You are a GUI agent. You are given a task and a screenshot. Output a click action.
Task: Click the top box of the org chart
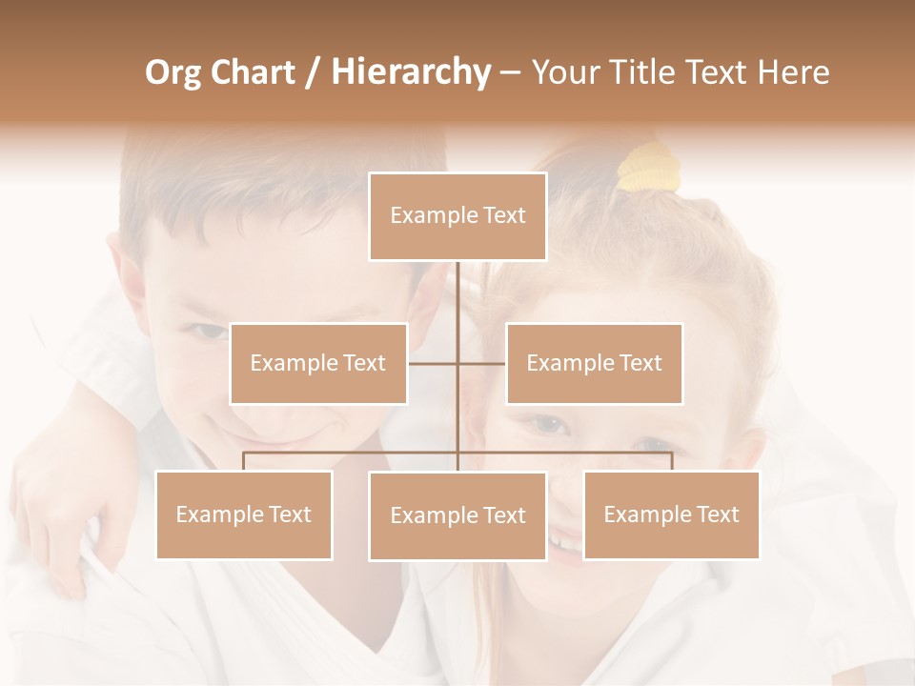click(457, 216)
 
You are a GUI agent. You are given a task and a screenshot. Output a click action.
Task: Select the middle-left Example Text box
click(318, 363)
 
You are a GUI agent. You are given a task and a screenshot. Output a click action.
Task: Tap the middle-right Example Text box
click(594, 363)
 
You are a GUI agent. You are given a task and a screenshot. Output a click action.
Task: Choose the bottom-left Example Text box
click(244, 514)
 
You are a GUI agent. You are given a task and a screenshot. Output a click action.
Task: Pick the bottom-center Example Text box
click(457, 515)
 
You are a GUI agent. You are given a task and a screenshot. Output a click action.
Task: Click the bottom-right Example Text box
click(671, 514)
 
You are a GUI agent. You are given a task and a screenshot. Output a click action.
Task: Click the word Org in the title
click(174, 72)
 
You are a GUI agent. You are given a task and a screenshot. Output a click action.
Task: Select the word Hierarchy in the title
click(410, 72)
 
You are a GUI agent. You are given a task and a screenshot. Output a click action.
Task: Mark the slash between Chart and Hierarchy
click(313, 72)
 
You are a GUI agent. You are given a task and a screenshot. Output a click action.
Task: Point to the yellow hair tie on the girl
click(648, 167)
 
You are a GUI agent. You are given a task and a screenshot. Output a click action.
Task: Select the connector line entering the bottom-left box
click(244, 460)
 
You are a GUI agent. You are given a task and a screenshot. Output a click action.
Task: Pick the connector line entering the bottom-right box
click(671, 460)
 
